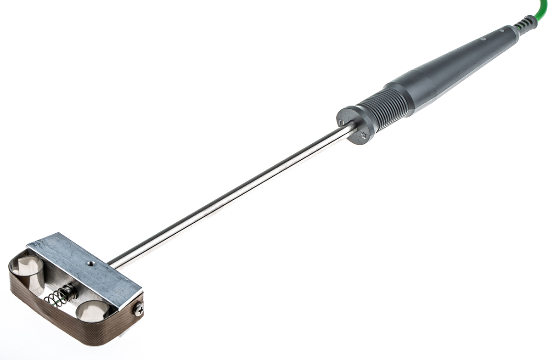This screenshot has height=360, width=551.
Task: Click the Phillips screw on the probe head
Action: (x=138, y=310)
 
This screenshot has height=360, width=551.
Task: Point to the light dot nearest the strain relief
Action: (x=501, y=30)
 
